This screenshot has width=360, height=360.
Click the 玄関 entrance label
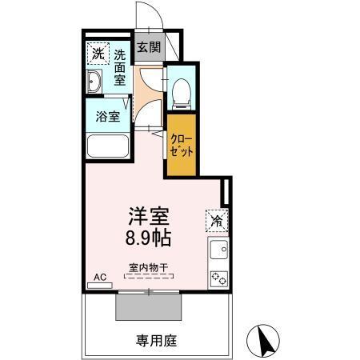[149, 47]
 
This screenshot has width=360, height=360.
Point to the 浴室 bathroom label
[109, 117]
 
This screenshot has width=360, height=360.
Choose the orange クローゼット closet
[180, 145]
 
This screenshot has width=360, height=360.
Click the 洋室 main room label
[149, 215]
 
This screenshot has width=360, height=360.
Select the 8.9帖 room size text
[149, 237]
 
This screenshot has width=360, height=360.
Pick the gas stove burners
[218, 279]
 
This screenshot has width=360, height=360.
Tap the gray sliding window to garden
[149, 306]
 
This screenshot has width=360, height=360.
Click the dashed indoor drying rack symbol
[148, 277]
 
